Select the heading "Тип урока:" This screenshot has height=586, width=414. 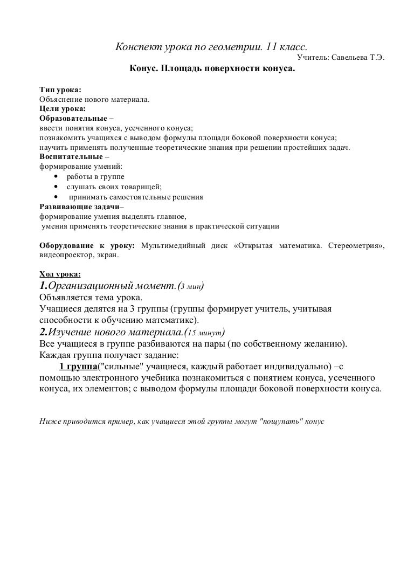(x=61, y=90)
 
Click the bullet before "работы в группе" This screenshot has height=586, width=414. (x=56, y=177)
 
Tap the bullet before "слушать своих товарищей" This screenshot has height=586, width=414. (x=56, y=187)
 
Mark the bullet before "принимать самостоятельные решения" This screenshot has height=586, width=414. (x=56, y=197)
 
